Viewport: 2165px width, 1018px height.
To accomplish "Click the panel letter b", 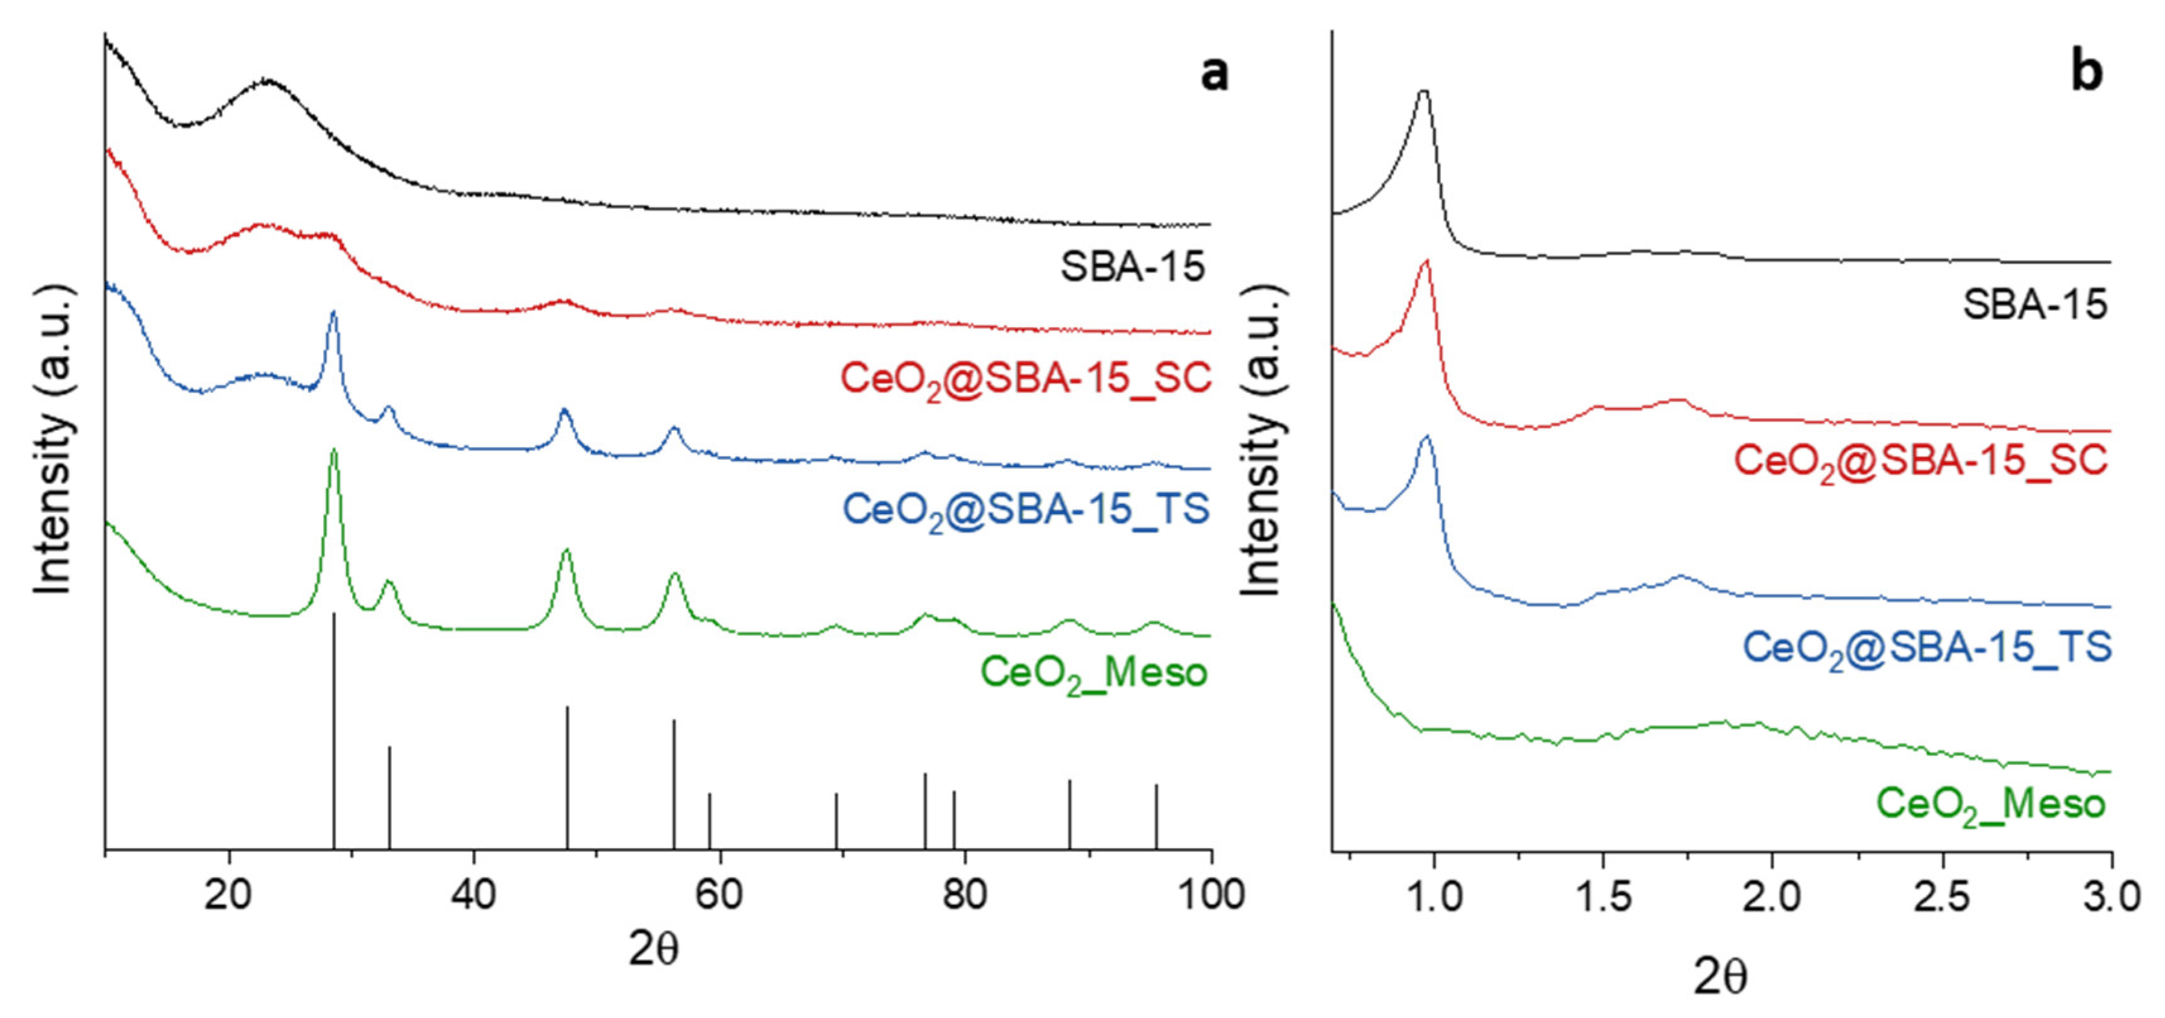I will [2087, 72].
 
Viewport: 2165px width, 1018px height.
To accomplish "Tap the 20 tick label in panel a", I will [228, 896].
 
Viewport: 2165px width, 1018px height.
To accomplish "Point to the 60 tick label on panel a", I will [720, 896].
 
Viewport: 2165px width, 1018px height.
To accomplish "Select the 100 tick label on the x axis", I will [1210, 896].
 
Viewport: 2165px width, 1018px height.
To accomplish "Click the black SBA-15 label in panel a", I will [1132, 267].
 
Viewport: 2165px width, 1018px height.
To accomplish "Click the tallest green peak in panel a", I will [335, 452].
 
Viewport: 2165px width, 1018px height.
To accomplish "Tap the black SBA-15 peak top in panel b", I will [1423, 92].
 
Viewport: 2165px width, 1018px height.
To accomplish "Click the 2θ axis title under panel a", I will [655, 950].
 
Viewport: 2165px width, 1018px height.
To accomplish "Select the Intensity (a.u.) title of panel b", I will [1263, 442].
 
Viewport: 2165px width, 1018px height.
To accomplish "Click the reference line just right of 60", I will [709, 820].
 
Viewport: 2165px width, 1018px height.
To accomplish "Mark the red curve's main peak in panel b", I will [1425, 262].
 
